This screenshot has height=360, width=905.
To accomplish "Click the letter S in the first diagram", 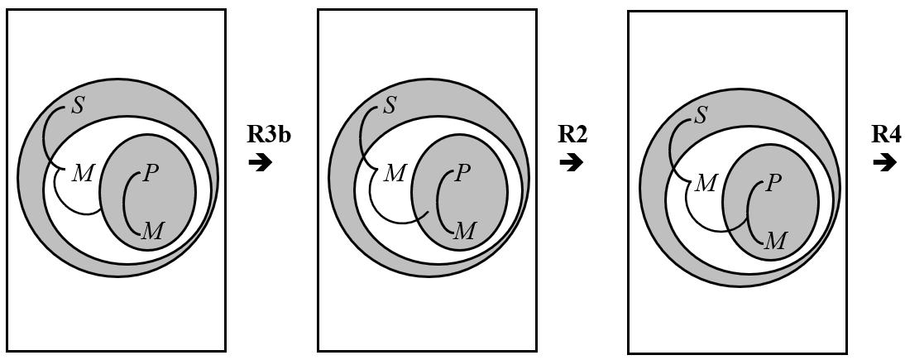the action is tap(78, 106).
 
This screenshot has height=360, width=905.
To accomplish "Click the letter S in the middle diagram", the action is tap(390, 106).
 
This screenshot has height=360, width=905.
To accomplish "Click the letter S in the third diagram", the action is tap(701, 115).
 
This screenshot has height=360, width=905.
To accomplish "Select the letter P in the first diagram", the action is tap(151, 173).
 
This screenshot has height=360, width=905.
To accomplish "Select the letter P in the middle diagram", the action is tap(462, 173).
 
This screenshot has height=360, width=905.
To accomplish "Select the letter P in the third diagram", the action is tap(773, 183).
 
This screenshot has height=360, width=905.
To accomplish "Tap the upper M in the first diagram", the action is tap(83, 173).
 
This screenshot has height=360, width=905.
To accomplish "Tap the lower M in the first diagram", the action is tap(152, 231).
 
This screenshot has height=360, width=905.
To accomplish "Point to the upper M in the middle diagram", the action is tap(395, 173).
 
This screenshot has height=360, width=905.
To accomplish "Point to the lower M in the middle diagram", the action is tap(464, 231).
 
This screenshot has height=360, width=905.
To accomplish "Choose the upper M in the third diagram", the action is tap(705, 183).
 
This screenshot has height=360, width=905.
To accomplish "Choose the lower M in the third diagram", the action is tap(774, 241).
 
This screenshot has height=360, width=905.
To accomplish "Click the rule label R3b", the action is tap(268, 135).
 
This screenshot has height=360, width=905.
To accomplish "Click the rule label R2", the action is tap(572, 135).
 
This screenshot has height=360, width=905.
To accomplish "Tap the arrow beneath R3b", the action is tap(260, 162).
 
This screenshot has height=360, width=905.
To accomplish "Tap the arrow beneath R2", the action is tap(571, 162).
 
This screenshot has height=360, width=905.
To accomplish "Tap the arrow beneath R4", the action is tap(884, 162).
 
